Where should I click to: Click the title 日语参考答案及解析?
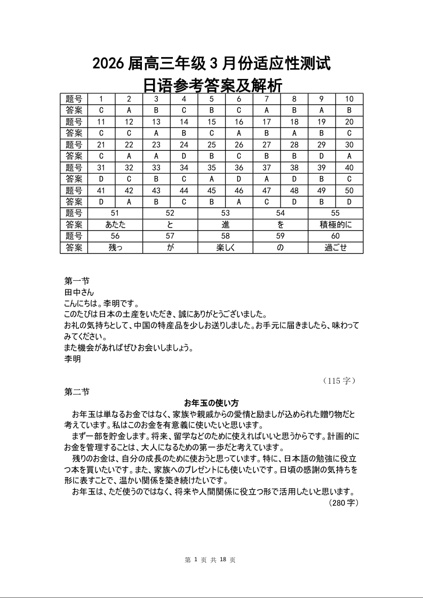pyautogui.click(x=212, y=84)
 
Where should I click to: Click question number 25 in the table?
pyautogui.click(x=212, y=144)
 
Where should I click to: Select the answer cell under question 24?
pyautogui.click(x=184, y=156)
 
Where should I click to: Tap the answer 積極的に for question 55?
pyautogui.click(x=336, y=225)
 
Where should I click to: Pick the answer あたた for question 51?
pyautogui.click(x=115, y=225)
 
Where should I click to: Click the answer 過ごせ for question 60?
pyautogui.click(x=336, y=248)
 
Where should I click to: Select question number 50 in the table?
pyautogui.click(x=349, y=191)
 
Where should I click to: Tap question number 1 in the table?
pyautogui.click(x=101, y=99)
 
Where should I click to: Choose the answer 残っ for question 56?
pyautogui.click(x=115, y=248)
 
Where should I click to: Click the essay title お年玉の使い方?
pyautogui.click(x=211, y=402)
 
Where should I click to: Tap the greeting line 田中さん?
pyautogui.click(x=79, y=292)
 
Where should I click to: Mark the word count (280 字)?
pyautogui.click(x=344, y=502)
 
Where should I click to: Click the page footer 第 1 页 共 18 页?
pyautogui.click(x=210, y=560)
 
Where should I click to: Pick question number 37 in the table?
pyautogui.click(x=267, y=167)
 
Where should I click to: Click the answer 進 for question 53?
pyautogui.click(x=226, y=225)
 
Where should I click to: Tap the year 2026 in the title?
pyautogui.click(x=108, y=64)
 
